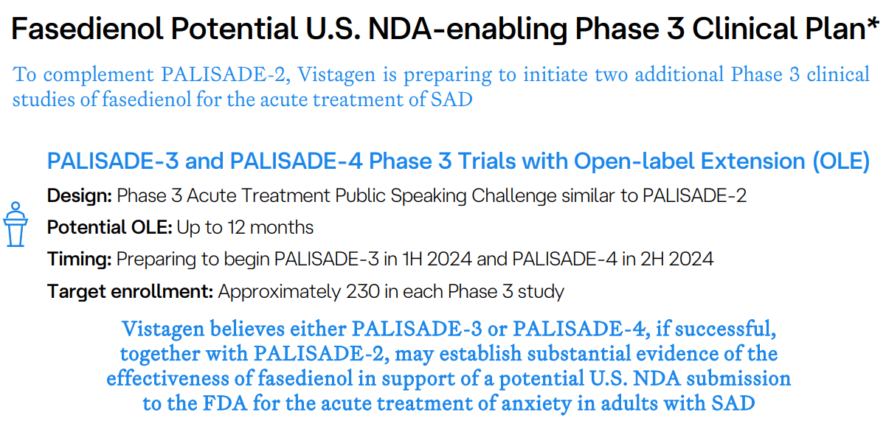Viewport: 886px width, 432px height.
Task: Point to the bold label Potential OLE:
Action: click(109, 227)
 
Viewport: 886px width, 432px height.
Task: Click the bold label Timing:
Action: click(79, 259)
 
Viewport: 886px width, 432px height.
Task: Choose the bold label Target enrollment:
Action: click(130, 291)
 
